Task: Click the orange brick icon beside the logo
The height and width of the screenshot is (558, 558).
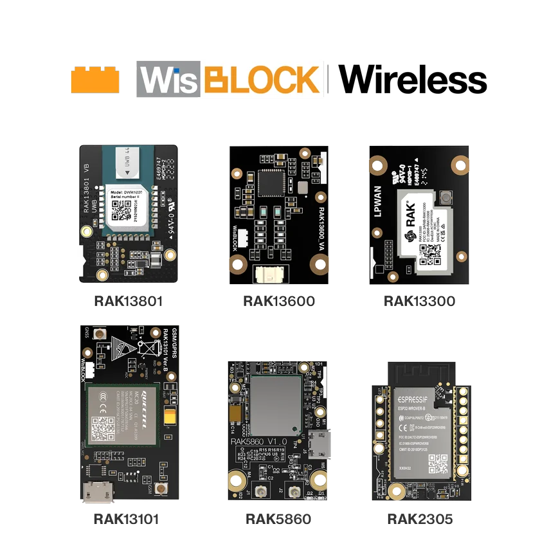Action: coord(94,80)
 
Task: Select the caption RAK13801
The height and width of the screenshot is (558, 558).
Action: coord(129,300)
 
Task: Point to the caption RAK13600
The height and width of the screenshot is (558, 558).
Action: coord(278,301)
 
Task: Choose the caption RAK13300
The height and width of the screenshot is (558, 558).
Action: coord(419,301)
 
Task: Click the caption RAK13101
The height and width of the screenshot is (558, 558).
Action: coord(126,517)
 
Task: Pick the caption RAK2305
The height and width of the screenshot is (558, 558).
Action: coord(419,517)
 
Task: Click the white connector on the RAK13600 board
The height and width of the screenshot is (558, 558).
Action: coord(272,274)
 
